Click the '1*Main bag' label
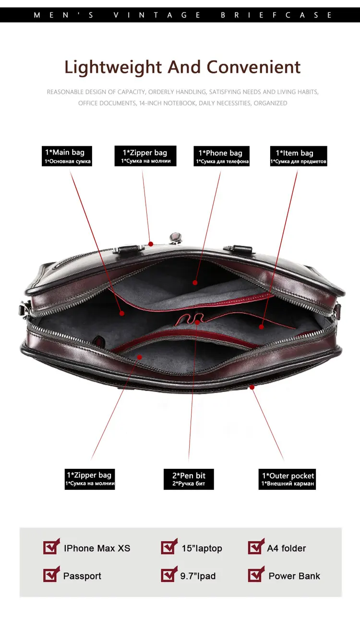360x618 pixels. [66, 156]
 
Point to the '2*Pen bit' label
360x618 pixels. [189, 479]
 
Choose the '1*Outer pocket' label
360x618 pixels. [287, 479]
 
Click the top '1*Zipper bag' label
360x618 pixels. [145, 156]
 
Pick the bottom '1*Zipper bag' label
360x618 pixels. [91, 479]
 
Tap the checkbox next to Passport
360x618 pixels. [51, 575]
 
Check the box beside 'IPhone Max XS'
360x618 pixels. [51, 547]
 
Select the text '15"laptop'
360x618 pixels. [202, 548]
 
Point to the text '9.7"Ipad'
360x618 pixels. [198, 576]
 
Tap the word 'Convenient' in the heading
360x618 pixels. [253, 67]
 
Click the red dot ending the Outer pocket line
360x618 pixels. [252, 387]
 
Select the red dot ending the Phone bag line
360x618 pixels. [195, 283]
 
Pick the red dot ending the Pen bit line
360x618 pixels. [197, 322]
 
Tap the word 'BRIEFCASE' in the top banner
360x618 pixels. [276, 15]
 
